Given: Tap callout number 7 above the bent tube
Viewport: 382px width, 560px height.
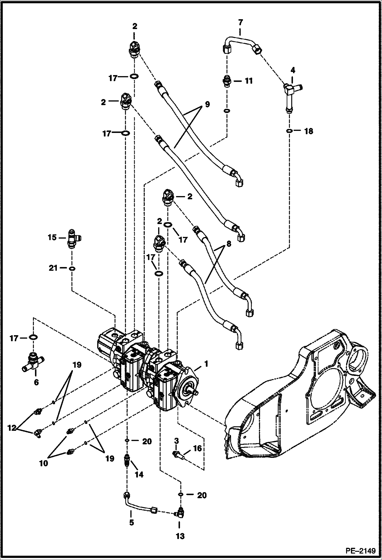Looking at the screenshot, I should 240,22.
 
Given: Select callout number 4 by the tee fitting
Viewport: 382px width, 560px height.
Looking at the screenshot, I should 292,70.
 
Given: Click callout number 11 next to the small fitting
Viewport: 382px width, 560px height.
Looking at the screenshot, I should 248,81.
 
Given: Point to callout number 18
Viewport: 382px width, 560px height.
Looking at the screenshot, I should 309,131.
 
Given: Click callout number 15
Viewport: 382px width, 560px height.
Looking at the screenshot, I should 52,238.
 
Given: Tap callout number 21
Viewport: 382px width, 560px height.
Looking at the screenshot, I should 53,268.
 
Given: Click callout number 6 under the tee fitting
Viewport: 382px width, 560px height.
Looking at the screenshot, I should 36,383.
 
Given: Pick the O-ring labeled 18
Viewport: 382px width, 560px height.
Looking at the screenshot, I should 289,131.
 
